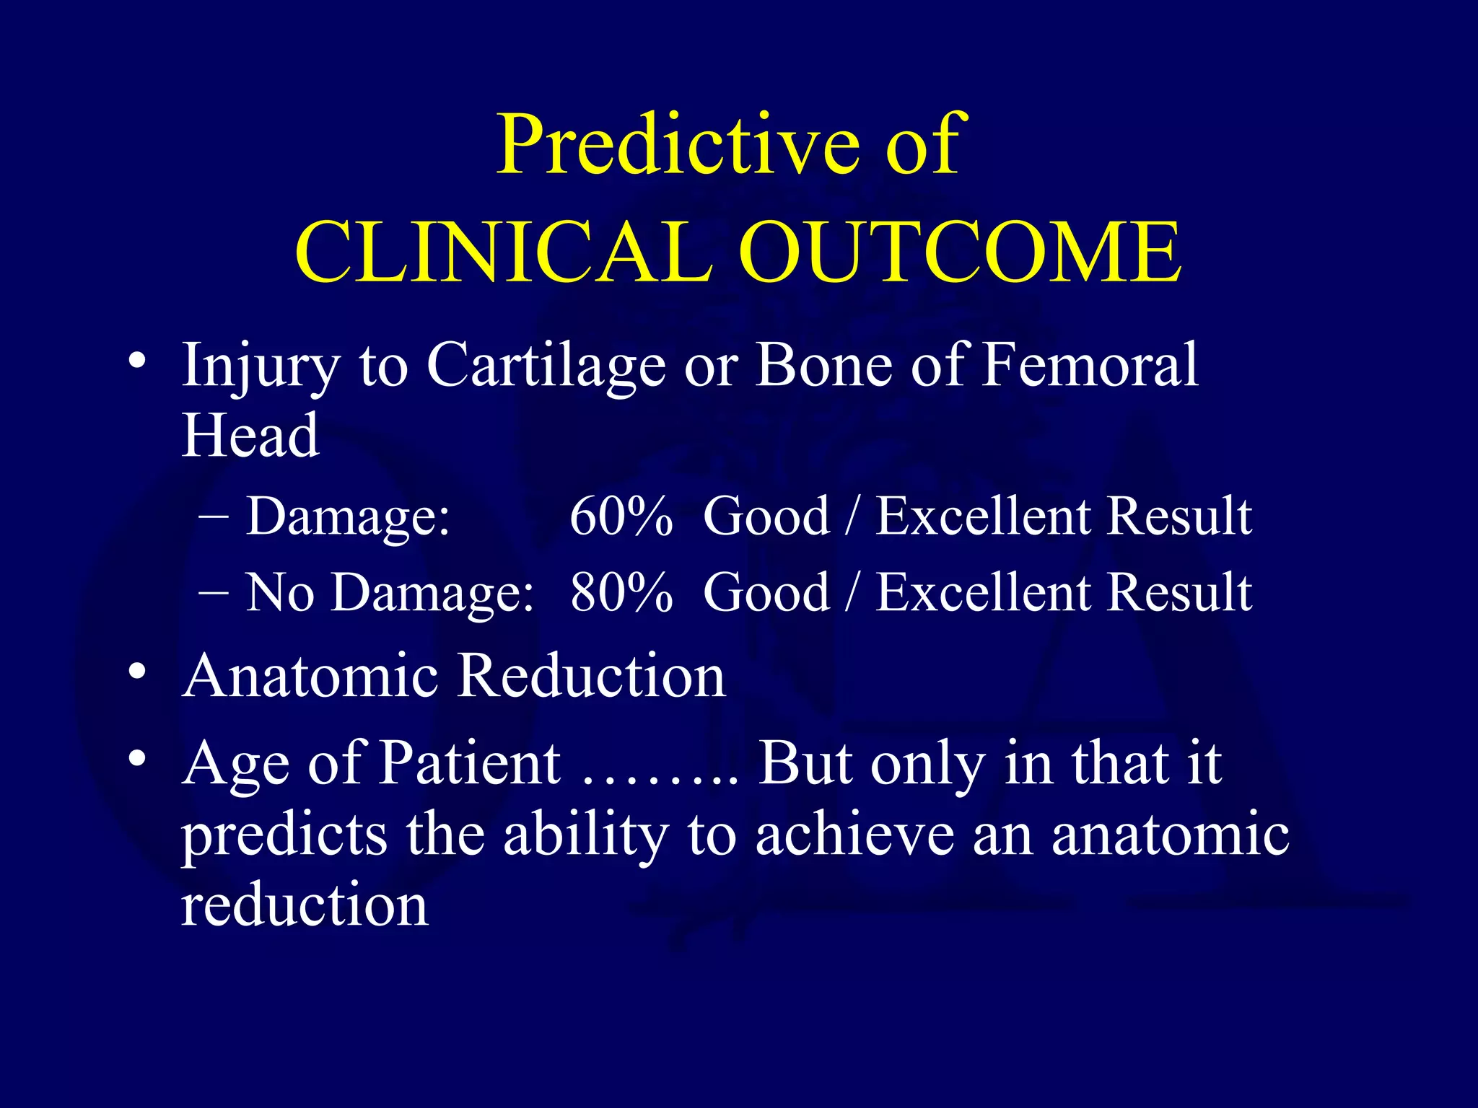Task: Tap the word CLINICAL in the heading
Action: [x=503, y=252]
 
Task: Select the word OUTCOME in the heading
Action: [x=960, y=252]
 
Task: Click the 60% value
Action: [x=621, y=516]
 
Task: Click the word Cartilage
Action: [x=546, y=365]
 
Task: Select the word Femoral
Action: [x=1090, y=365]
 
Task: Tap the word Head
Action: [x=250, y=436]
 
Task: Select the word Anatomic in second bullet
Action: [x=310, y=677]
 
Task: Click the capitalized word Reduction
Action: [x=592, y=677]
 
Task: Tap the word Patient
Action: [x=470, y=763]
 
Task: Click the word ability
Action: [x=585, y=835]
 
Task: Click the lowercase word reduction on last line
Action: [x=305, y=906]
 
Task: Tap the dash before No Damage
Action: [x=213, y=592]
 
